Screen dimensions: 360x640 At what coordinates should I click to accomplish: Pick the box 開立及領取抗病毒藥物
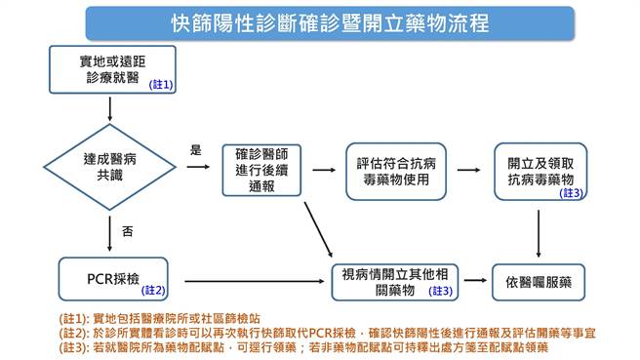point(540,170)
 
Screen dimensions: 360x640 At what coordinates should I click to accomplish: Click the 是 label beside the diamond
point(195,150)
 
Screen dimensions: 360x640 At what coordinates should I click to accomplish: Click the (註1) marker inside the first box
point(161,85)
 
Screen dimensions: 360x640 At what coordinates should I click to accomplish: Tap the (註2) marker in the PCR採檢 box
point(155,291)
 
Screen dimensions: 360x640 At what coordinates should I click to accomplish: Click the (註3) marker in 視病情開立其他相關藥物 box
point(441,291)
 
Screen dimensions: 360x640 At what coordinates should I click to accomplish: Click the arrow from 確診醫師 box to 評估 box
point(323,169)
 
